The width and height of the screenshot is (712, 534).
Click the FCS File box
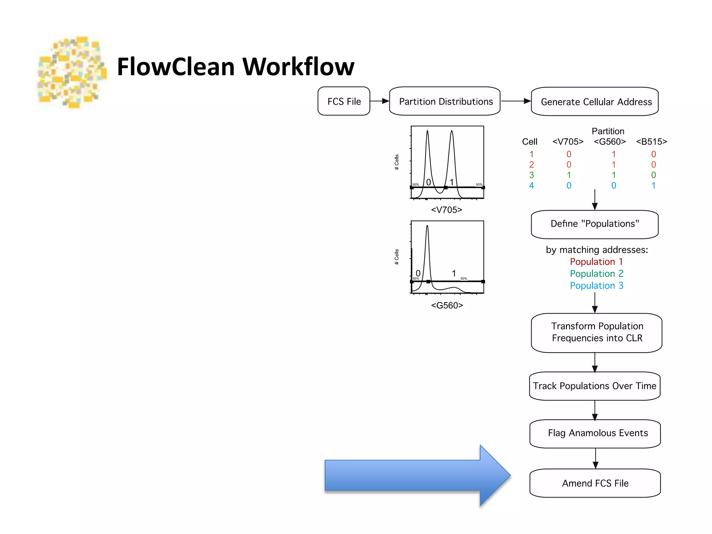344,101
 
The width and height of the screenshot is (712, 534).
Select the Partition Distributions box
445,101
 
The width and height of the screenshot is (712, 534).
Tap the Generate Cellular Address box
595,102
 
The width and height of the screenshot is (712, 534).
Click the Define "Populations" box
595,224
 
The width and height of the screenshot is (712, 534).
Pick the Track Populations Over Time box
595,386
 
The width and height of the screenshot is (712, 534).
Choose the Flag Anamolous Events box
595,434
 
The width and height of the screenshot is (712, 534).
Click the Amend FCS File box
595,483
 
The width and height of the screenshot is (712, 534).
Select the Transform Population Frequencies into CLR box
597,333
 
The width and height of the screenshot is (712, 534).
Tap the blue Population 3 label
597,286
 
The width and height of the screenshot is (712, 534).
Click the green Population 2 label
597,274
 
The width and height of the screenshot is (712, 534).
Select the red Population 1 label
596,262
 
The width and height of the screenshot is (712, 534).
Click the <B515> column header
652,141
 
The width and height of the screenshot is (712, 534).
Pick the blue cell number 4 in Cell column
531,186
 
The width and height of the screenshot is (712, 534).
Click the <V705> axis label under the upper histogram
447,210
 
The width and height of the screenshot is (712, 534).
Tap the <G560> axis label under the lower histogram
447,305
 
